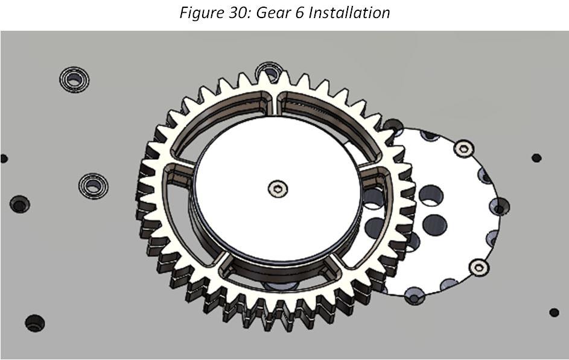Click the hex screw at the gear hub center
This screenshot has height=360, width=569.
coord(278,189)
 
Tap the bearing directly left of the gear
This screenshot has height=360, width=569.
coord(93,185)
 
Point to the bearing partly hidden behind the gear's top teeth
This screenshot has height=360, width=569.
coord(268,72)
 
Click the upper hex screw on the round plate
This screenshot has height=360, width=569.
coord(463,148)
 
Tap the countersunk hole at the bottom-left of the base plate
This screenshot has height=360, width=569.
coord(34,323)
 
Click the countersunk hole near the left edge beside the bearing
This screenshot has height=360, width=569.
coord(19,204)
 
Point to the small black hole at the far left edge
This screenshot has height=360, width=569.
coord(4,159)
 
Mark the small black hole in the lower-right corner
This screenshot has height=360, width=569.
coord(554,312)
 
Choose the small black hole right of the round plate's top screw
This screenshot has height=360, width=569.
coord(536,158)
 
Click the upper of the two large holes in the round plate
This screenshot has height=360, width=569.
coord(430,195)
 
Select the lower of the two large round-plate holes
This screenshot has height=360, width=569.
coord(434,225)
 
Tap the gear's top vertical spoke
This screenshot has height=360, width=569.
coord(277,104)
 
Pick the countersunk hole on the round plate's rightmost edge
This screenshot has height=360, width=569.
coord(500,208)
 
